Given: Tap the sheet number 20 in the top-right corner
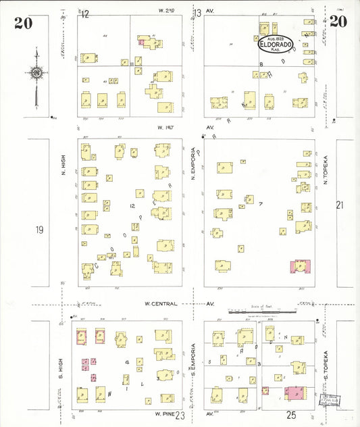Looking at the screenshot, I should pyautogui.click(x=338, y=22).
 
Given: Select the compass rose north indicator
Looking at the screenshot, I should pyautogui.click(x=36, y=73).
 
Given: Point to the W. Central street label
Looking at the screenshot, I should pyautogui.click(x=161, y=304).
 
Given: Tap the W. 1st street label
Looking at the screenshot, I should pyautogui.click(x=166, y=127).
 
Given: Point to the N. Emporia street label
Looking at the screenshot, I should pyautogui.click(x=193, y=164).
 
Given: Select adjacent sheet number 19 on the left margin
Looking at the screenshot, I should pyautogui.click(x=40, y=230).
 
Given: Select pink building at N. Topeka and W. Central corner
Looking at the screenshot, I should pyautogui.click(x=300, y=266).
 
